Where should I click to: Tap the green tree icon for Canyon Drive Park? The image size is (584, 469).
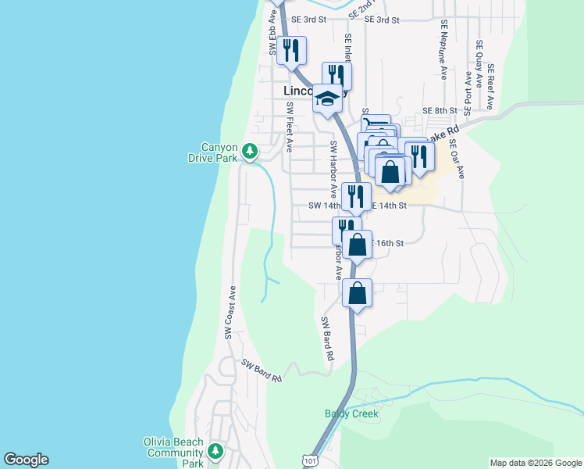(250, 149)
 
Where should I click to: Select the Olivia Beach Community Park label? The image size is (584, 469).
(173, 453)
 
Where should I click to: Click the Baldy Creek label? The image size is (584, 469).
(351, 414)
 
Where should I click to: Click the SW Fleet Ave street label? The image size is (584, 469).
(288, 127)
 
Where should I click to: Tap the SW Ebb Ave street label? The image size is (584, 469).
(272, 38)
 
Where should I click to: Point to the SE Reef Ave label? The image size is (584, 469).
(491, 87)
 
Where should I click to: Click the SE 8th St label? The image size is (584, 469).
(438, 111)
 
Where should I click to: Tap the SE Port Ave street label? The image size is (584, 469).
(468, 91)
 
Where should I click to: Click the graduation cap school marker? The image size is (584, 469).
(329, 98)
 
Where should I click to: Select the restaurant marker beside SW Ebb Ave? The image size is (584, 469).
(291, 51)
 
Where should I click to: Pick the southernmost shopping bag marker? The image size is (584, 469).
(357, 293)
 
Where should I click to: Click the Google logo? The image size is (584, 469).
(26, 460)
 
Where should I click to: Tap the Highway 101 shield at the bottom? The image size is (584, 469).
(312, 463)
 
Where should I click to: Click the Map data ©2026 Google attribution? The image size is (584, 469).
(535, 463)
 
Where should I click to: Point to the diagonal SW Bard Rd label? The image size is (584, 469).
(261, 371)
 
